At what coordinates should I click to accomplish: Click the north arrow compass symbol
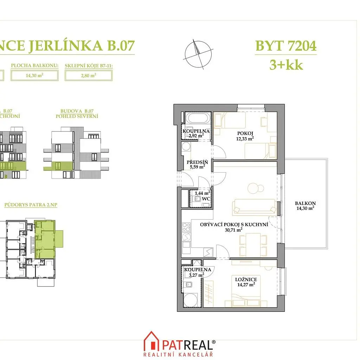tap(198, 54)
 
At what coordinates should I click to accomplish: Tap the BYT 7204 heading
tap(286, 46)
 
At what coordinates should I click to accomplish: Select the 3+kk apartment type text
tap(286, 65)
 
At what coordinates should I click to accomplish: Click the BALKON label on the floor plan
tap(305, 203)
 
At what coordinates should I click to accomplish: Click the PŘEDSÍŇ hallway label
tap(197, 162)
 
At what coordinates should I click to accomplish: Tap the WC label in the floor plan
tap(206, 199)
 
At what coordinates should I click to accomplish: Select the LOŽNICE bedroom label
tap(246, 279)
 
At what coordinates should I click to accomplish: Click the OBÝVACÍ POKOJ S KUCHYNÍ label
tap(234, 225)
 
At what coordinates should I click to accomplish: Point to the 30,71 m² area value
tap(233, 230)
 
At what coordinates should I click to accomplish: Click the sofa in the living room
tap(254, 207)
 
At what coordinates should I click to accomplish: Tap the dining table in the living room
tap(253, 245)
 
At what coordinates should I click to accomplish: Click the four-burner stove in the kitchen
tap(186, 227)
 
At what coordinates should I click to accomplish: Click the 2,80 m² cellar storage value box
tap(89, 75)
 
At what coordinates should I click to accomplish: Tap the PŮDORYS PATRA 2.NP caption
tap(31, 205)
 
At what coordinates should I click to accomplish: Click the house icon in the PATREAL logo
tap(152, 341)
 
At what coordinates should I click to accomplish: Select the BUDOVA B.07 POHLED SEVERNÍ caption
tap(77, 114)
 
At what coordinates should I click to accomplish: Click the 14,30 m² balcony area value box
tap(34, 75)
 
